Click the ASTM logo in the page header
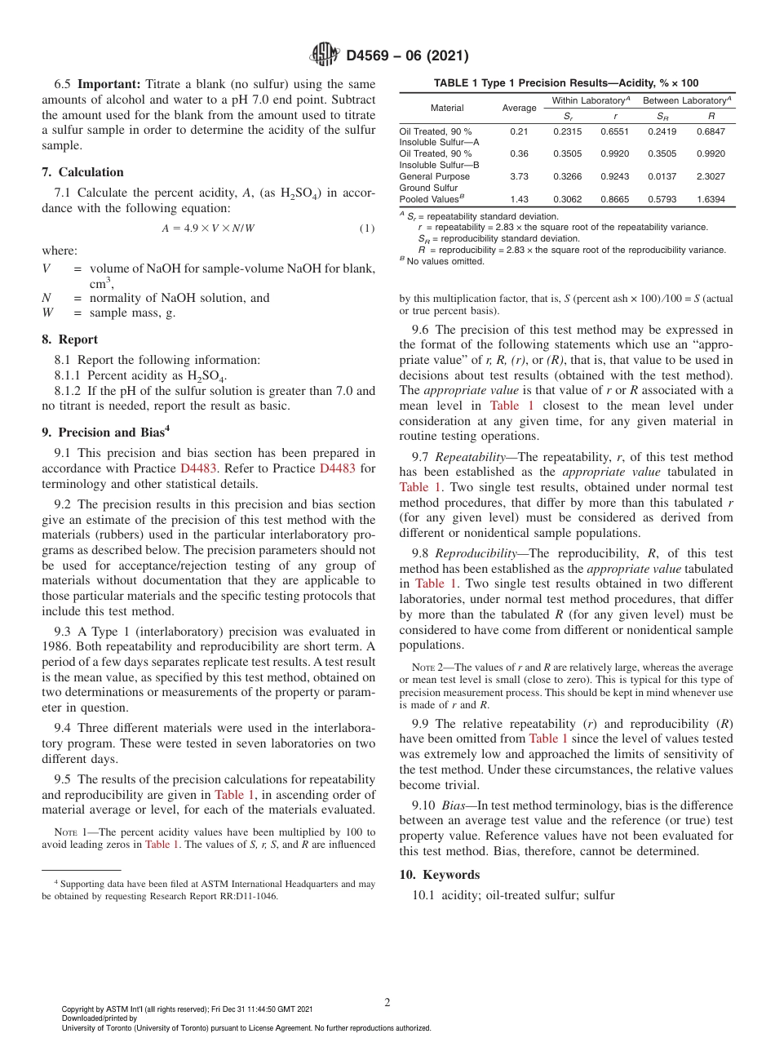pos(325,55)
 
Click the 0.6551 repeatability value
pos(614,131)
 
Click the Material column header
pos(447,108)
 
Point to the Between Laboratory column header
pos(687,100)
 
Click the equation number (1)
pos(367,228)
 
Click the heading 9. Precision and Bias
pos(105,432)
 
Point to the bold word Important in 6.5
pos(108,84)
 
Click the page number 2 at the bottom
pos(387,1003)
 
